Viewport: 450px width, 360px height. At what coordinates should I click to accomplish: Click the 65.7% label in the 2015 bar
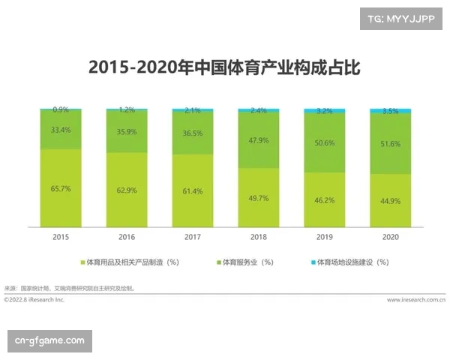coord(61,188)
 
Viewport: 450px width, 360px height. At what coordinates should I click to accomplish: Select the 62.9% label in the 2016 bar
coord(127,190)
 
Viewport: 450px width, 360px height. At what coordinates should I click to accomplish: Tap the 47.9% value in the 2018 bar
coord(259,139)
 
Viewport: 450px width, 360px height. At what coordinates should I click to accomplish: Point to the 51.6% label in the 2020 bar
coord(391,142)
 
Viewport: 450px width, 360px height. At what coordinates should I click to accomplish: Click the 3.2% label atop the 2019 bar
coord(325,110)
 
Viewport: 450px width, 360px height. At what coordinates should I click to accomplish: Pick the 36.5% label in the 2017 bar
coord(193,133)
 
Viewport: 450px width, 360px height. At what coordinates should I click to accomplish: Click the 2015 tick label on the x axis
coord(61,236)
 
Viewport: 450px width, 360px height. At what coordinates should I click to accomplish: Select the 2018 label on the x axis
coord(259,236)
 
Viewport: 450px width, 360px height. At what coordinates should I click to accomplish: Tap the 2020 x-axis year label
coord(391,236)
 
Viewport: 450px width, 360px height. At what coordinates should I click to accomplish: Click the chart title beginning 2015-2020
coord(224,67)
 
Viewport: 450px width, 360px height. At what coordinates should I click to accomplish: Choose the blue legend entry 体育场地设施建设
coord(351,262)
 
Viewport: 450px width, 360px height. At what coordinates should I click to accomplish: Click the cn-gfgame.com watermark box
coord(51,341)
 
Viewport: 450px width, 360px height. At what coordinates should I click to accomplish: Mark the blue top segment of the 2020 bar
coord(391,111)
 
